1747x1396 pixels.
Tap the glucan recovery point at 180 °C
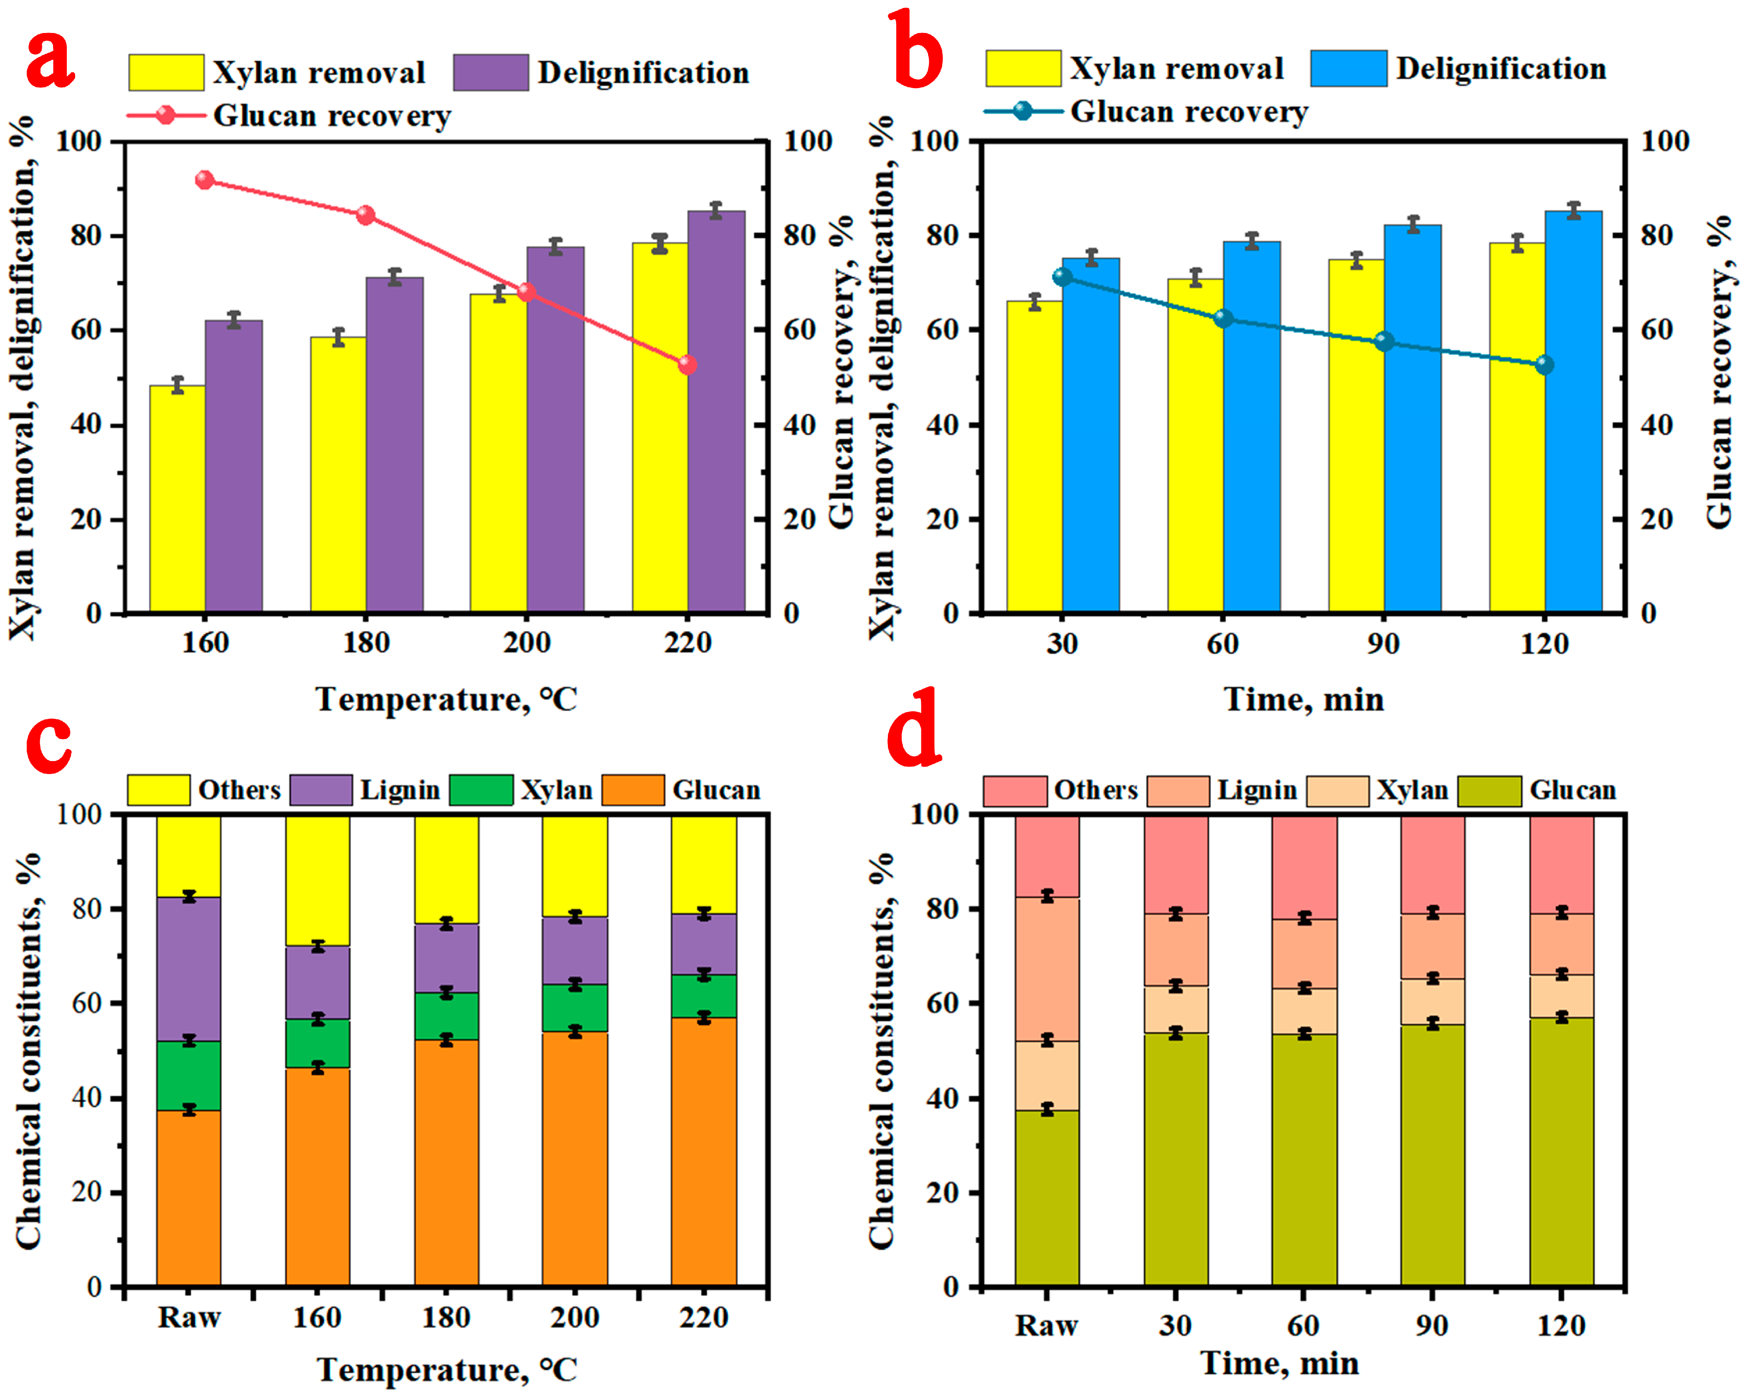365,215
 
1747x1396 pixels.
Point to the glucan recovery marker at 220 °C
687,365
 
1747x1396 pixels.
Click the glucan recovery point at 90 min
1384,341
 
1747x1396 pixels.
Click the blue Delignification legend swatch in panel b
1348,68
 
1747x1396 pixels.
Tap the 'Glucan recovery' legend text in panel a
332,116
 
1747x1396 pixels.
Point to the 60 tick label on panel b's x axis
1223,644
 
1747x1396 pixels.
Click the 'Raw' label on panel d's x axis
1046,1325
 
